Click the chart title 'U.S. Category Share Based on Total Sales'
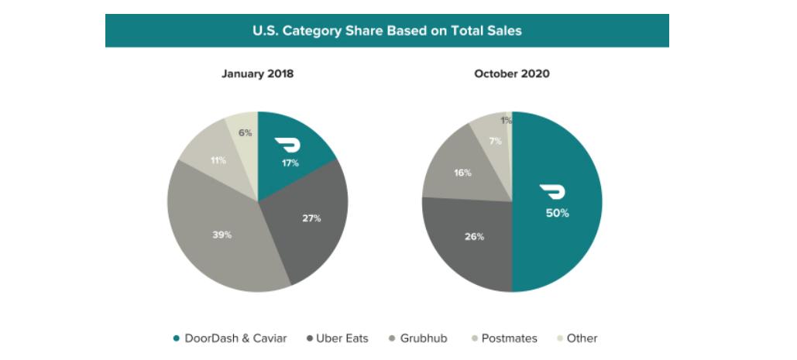click(387, 31)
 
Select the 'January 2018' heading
click(257, 74)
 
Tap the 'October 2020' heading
click(511, 74)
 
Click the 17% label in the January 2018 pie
click(290, 163)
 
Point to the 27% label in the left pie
click(311, 218)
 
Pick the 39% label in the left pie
click(222, 235)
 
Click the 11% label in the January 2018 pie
click(218, 160)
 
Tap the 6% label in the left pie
click(245, 132)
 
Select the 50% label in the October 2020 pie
click(557, 213)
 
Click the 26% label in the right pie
click(475, 237)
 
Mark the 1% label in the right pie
click(506, 120)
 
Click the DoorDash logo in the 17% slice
click(290, 146)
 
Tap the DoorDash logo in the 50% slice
click(553, 192)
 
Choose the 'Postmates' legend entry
click(503, 338)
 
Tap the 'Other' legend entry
click(577, 338)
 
